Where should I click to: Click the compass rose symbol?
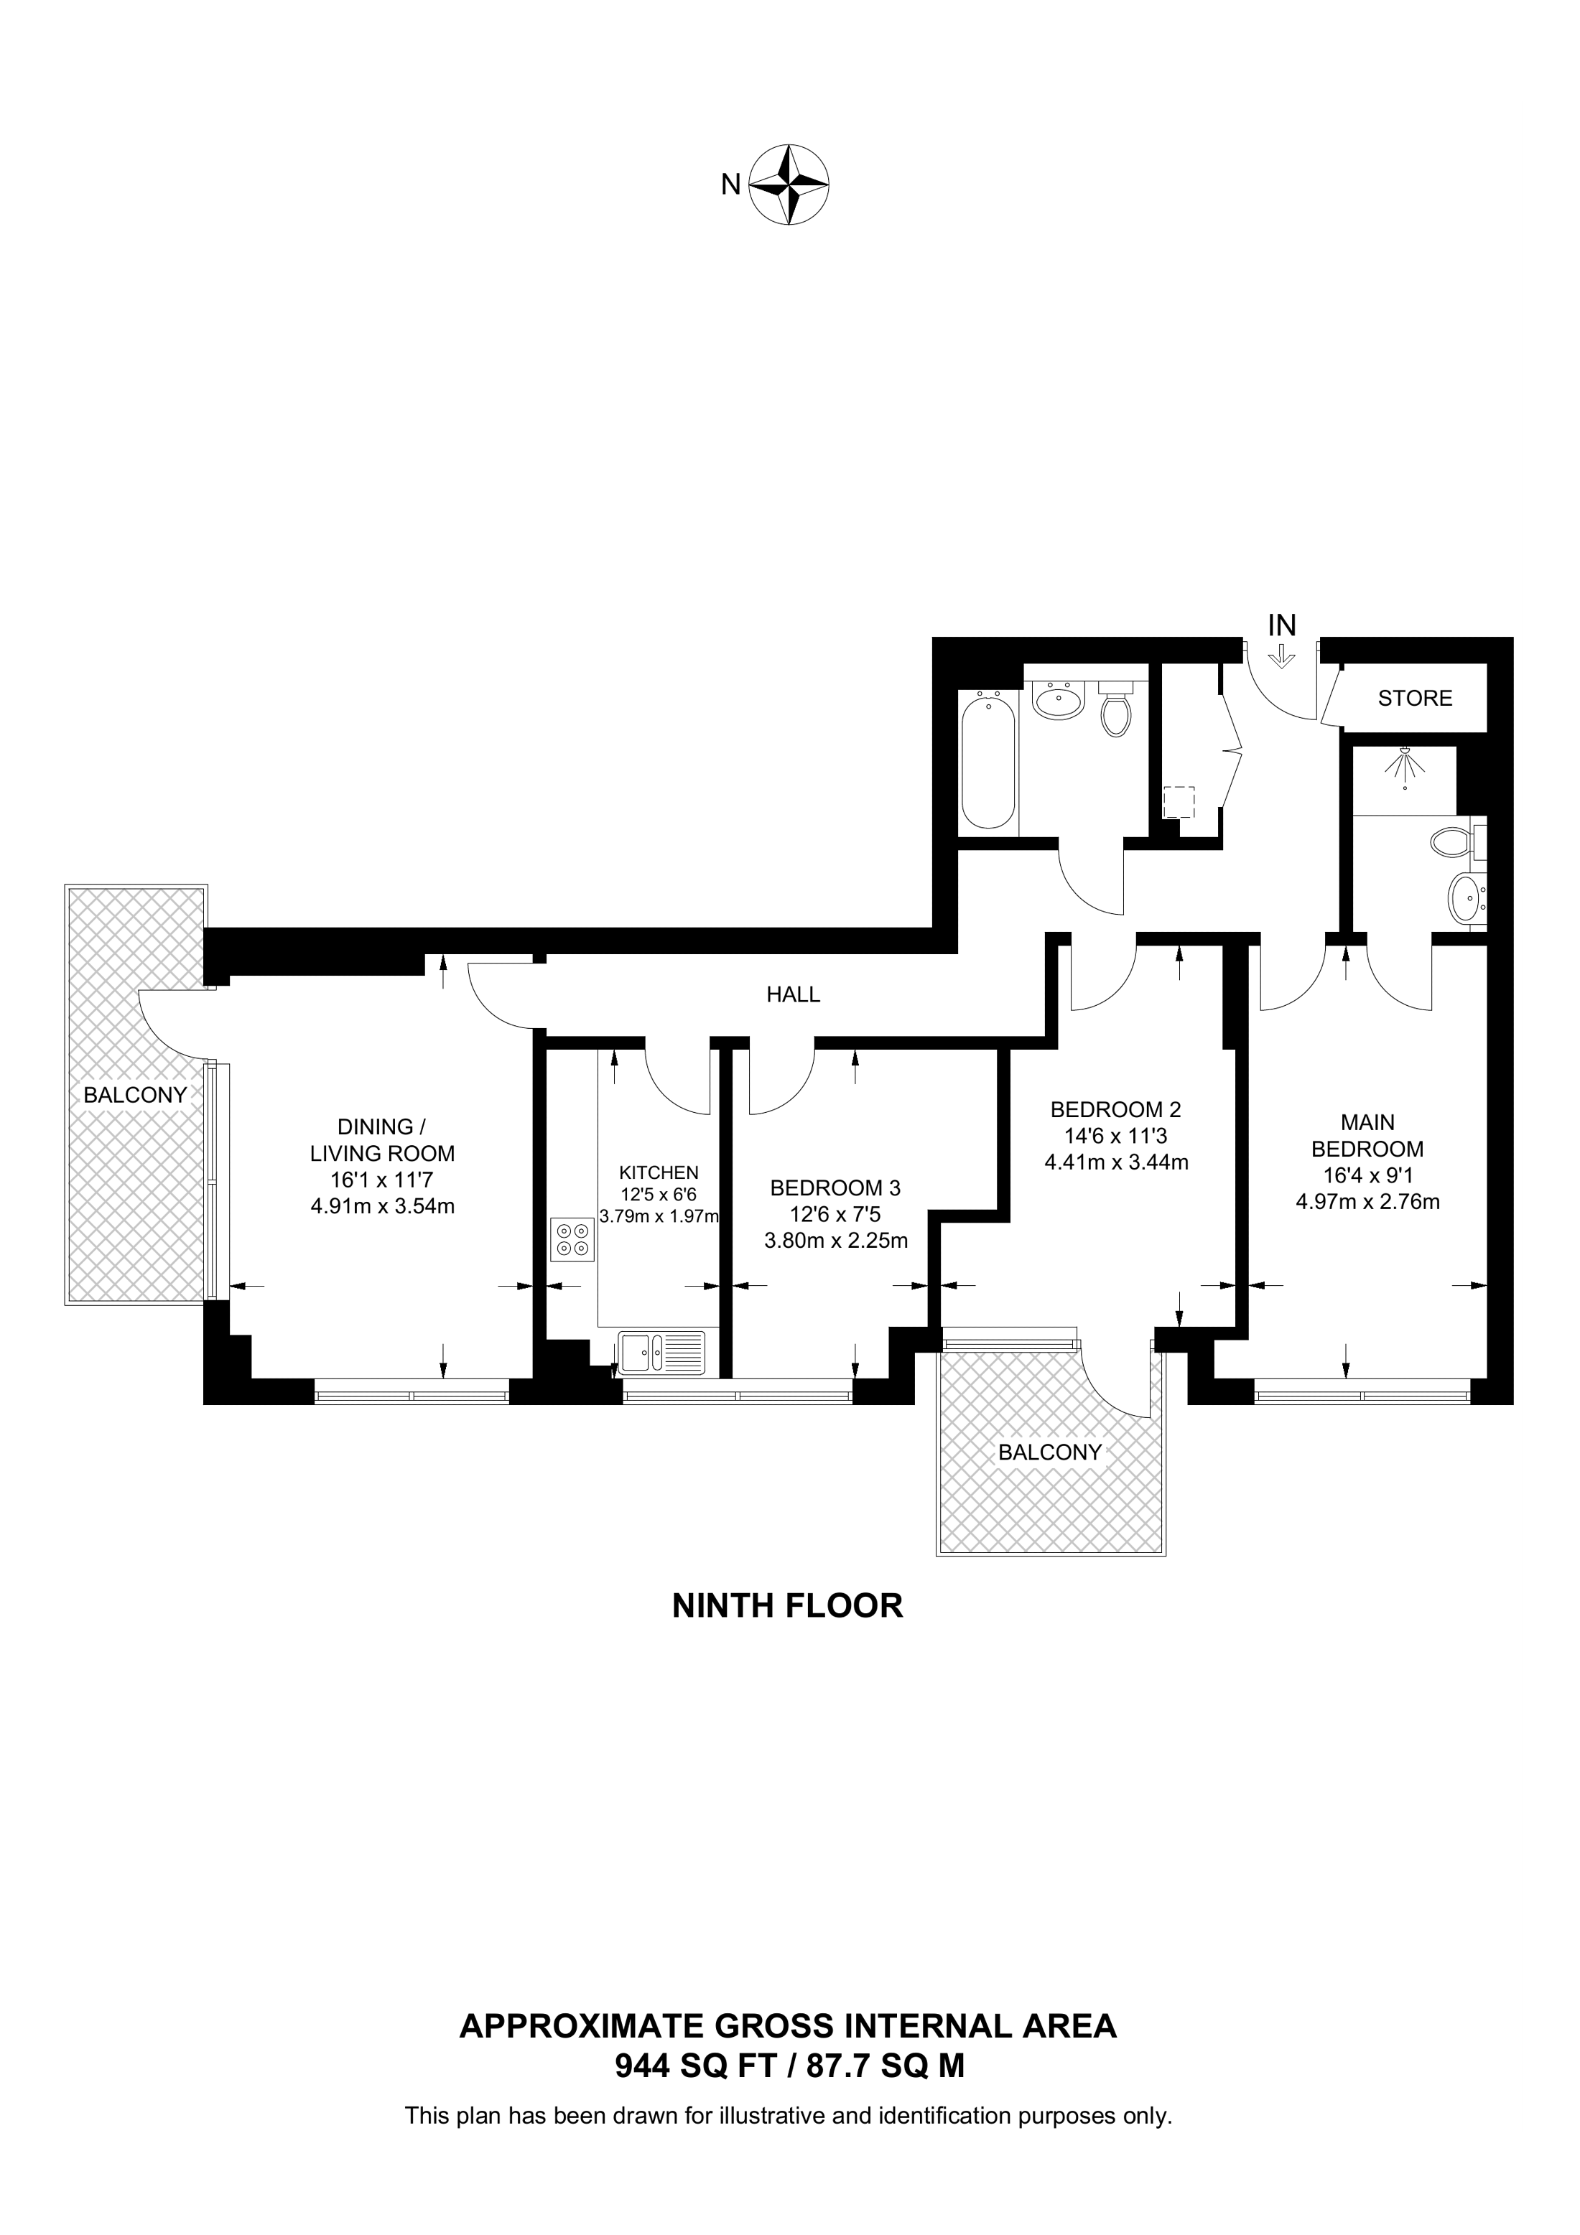point(789,185)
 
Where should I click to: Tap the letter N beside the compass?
point(731,184)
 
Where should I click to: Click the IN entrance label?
point(1281,625)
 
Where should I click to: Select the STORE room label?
point(1415,698)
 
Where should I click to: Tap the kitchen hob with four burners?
point(572,1239)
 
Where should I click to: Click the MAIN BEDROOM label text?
point(1367,1135)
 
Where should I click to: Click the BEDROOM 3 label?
point(835,1188)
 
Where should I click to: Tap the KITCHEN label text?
point(659,1173)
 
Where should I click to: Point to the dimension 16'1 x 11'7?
point(381,1180)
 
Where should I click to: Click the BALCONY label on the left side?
point(134,1094)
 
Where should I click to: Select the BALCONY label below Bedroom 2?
point(1049,1452)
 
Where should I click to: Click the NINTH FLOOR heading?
point(788,1605)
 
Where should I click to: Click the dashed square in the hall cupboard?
point(1179,802)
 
